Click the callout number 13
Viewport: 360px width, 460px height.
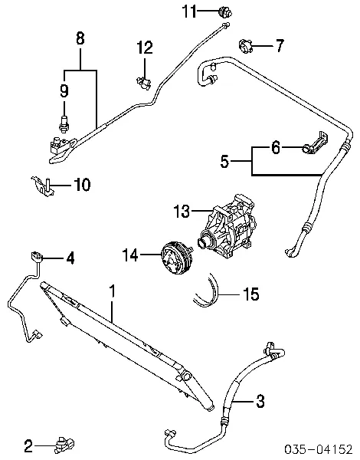tap(182, 211)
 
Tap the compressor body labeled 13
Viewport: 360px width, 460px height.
tap(227, 226)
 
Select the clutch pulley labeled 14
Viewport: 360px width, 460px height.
tap(177, 258)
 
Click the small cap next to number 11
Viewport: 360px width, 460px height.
tap(225, 12)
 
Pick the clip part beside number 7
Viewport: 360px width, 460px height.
tap(245, 46)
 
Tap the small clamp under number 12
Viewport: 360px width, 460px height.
tap(144, 82)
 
